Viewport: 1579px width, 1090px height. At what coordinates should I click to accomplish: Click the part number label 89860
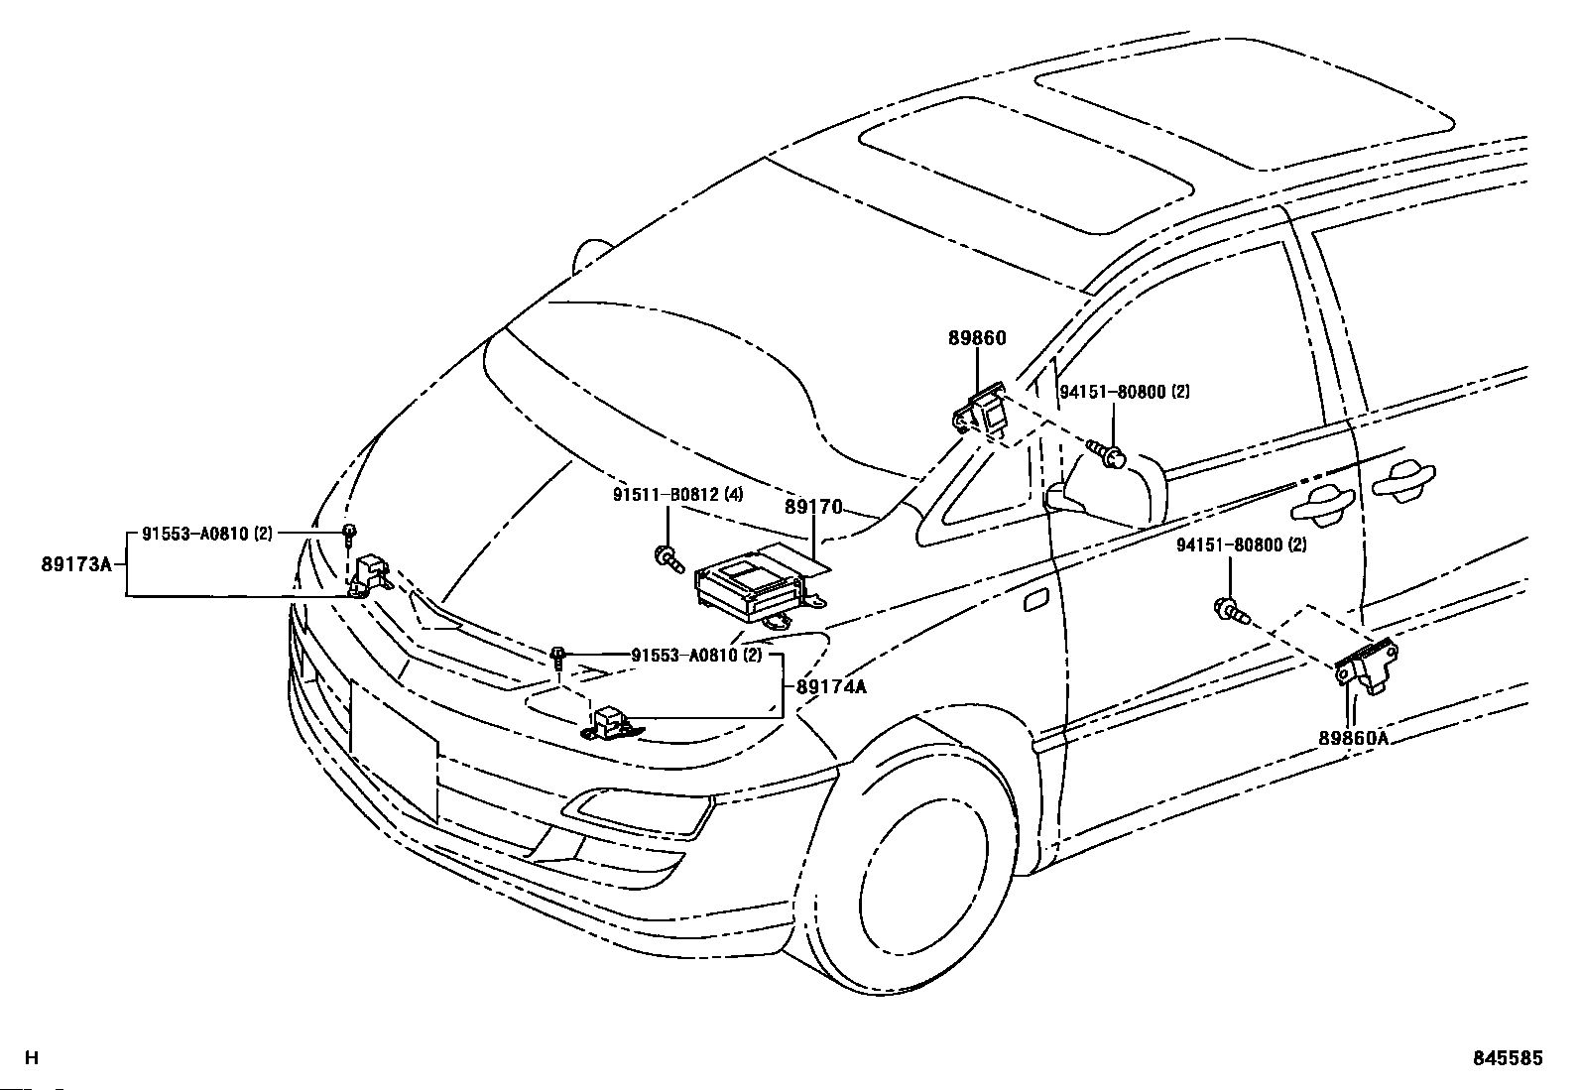(976, 338)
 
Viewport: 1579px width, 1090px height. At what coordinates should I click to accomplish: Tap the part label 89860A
(1354, 738)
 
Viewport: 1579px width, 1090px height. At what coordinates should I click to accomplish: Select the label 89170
(813, 507)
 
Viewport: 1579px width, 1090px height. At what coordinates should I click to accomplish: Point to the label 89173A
(76, 564)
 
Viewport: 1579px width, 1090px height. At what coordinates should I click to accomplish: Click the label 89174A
(831, 686)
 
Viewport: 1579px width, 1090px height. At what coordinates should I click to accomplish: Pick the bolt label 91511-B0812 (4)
(677, 495)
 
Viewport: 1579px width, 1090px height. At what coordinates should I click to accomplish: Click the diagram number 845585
(1508, 1058)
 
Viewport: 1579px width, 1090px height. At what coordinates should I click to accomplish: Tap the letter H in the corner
(32, 1057)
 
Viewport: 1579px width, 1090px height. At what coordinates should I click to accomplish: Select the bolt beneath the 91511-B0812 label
(668, 559)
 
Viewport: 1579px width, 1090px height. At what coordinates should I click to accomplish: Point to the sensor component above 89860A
(1366, 666)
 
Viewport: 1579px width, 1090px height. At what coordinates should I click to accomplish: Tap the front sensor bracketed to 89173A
(369, 574)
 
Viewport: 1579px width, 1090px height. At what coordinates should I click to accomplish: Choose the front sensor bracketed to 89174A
(610, 723)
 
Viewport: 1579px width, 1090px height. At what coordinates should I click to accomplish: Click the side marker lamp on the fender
(1036, 601)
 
